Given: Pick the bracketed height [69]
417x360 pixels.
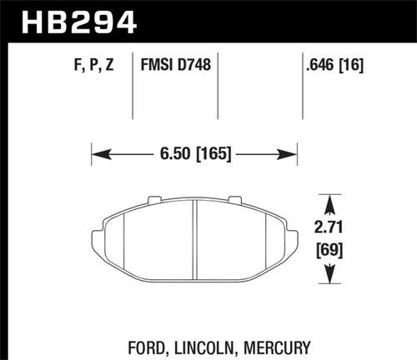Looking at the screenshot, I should (x=332, y=248).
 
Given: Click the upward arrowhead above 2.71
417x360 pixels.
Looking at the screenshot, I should (x=332, y=202).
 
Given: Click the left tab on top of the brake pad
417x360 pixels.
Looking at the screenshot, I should (x=153, y=199).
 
